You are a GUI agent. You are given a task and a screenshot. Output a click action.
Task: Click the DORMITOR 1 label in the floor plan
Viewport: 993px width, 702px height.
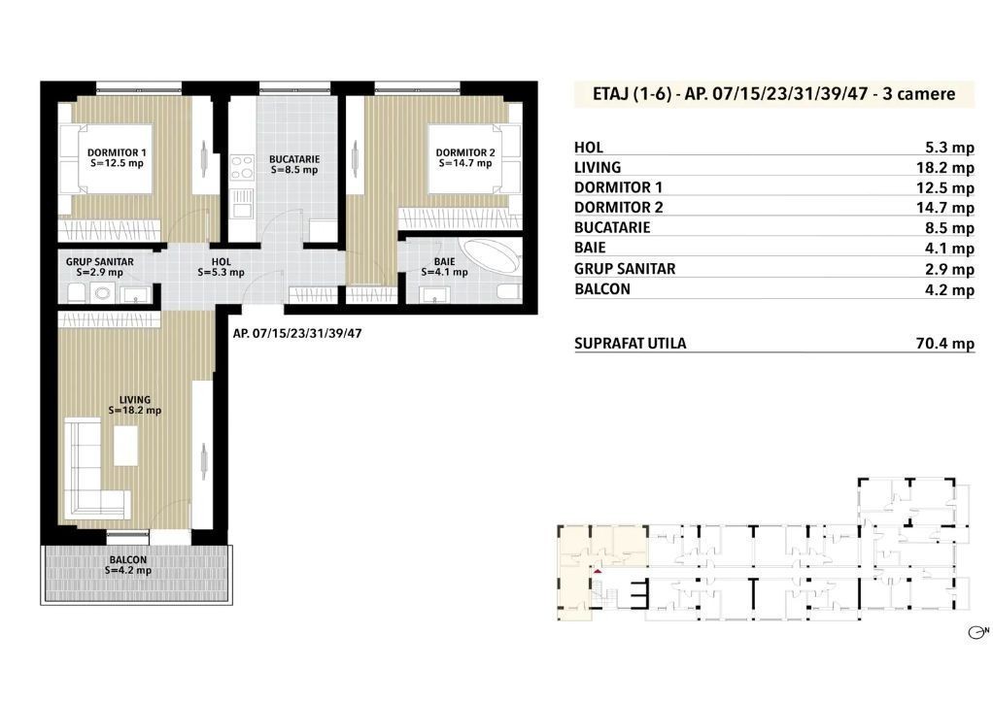(x=117, y=152)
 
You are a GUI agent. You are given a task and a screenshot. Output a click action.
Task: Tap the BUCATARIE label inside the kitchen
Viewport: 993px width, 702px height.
(x=293, y=159)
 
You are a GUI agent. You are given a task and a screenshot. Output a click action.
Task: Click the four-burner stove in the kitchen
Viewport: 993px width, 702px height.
(x=241, y=168)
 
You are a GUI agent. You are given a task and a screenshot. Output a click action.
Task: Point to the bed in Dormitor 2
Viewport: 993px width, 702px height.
(x=473, y=158)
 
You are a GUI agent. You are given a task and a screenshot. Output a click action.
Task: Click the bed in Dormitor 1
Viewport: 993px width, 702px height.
(x=106, y=159)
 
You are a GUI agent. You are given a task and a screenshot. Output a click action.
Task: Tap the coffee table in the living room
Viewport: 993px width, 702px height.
(x=125, y=445)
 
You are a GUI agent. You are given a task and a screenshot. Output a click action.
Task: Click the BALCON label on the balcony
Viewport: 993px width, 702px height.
(x=128, y=559)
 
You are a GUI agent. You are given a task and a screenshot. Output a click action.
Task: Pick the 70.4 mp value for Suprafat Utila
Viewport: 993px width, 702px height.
(x=944, y=344)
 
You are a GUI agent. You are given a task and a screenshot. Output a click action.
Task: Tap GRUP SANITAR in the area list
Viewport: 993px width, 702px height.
(x=625, y=269)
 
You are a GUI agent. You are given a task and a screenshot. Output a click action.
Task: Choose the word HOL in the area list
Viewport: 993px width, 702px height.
(x=589, y=148)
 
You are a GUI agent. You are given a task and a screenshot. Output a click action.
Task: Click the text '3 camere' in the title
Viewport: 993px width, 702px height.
(x=918, y=93)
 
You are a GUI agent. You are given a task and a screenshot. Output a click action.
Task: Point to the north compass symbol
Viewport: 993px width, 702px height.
(x=978, y=632)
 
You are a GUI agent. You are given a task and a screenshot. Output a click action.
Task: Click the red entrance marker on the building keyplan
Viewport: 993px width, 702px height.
(x=598, y=571)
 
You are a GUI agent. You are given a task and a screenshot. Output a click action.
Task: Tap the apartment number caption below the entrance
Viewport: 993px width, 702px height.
(x=297, y=334)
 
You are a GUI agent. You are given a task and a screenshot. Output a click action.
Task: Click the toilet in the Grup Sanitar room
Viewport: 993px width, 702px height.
(x=77, y=292)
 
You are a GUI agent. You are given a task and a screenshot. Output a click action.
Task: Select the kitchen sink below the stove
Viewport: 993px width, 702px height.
(x=241, y=203)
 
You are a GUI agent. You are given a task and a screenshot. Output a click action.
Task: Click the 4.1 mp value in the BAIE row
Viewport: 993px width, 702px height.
(x=949, y=249)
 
